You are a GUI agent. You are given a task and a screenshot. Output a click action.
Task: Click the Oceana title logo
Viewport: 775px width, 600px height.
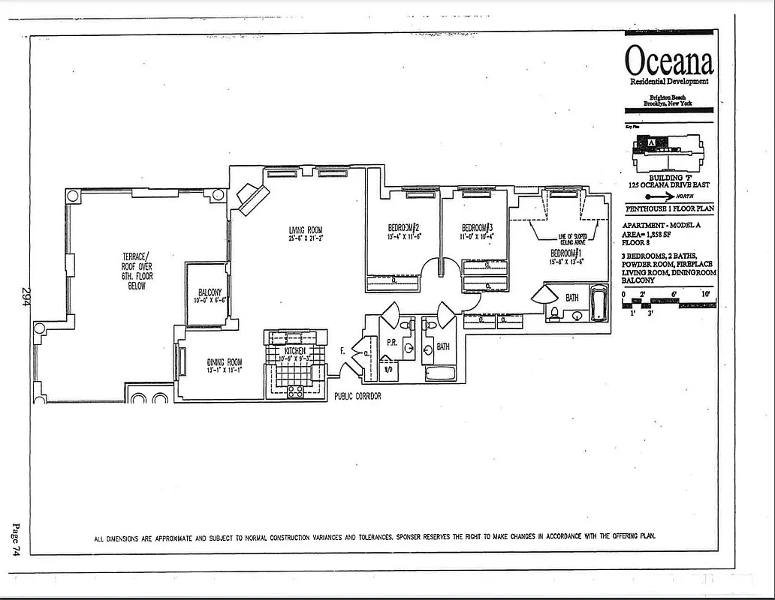tap(668, 59)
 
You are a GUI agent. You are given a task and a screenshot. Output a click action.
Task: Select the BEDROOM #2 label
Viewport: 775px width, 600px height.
tap(403, 229)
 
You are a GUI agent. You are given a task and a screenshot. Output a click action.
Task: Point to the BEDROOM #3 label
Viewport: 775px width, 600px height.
tap(476, 229)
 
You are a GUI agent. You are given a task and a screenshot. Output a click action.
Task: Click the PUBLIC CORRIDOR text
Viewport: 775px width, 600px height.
tap(357, 396)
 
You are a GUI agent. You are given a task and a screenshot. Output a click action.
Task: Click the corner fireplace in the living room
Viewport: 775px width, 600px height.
tap(252, 198)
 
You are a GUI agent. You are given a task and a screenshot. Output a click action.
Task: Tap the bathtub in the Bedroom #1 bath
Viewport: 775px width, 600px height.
tap(598, 304)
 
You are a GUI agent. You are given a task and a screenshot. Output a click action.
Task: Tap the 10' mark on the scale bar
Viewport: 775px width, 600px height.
tap(705, 294)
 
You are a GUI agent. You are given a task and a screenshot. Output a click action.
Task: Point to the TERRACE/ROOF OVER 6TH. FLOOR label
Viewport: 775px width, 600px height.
tap(137, 271)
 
